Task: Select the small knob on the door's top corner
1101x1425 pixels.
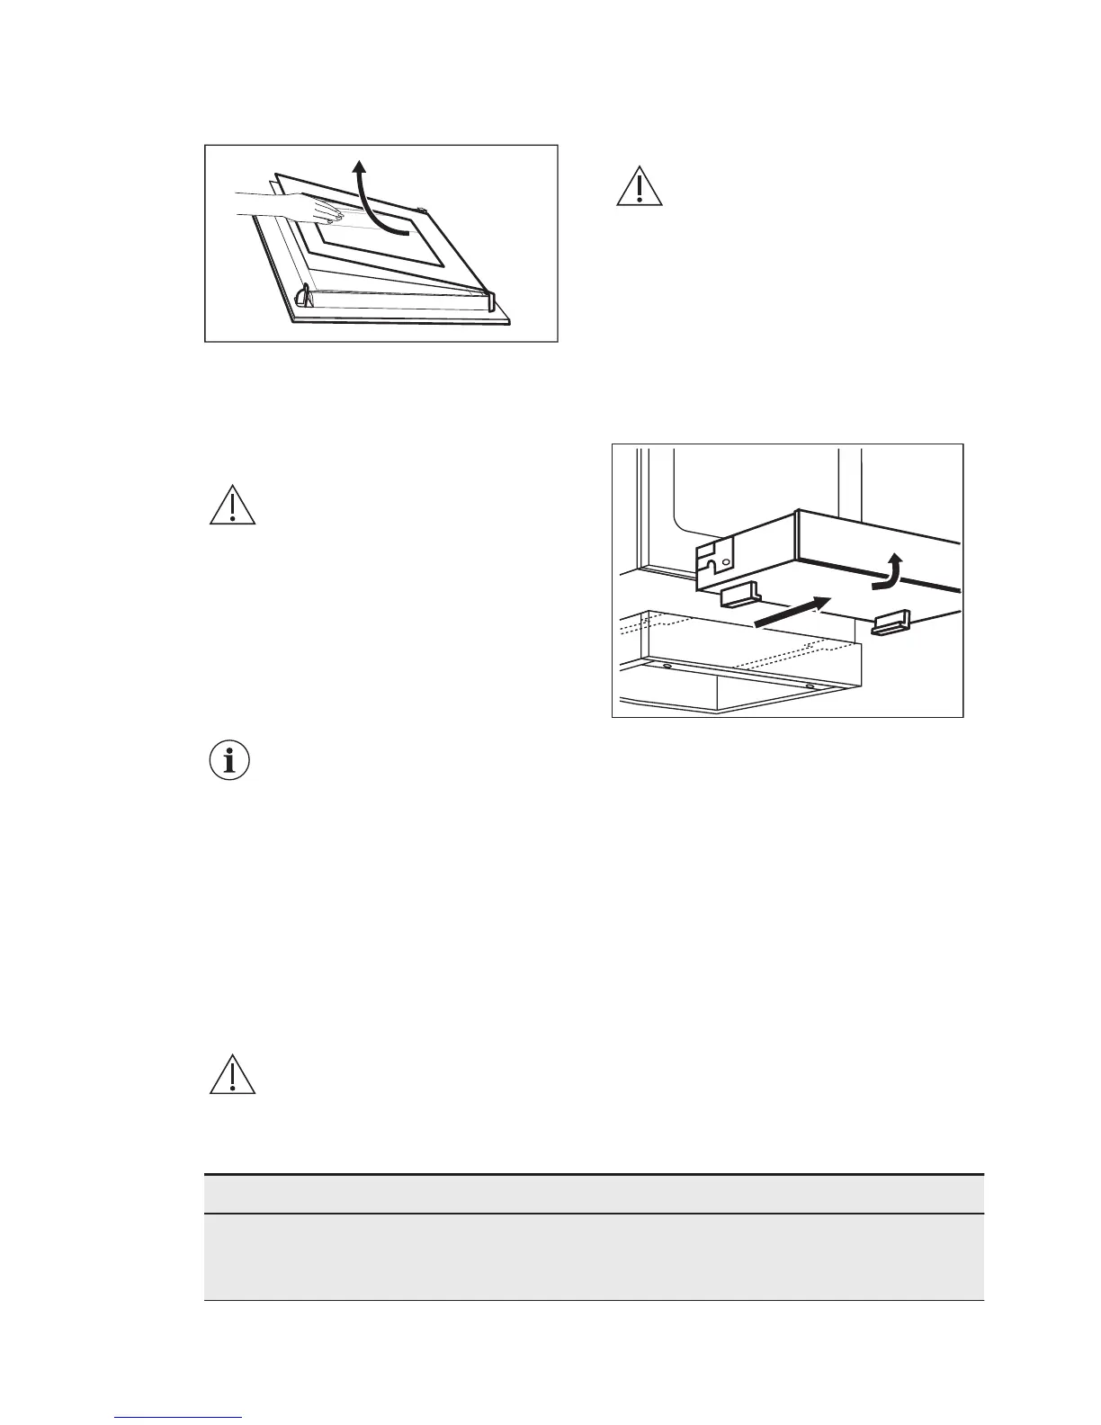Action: pyautogui.click(x=421, y=212)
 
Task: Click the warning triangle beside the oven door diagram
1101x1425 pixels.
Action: pyautogui.click(x=639, y=187)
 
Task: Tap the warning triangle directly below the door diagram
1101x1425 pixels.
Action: pyautogui.click(x=232, y=506)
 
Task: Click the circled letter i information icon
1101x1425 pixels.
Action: pyautogui.click(x=230, y=761)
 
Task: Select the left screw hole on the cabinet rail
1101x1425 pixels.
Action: pyautogui.click(x=667, y=667)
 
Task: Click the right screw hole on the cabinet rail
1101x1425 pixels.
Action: pyautogui.click(x=810, y=686)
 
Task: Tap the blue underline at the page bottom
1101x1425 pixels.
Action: pyautogui.click(x=178, y=1419)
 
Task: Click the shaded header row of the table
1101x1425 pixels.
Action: pyautogui.click(x=594, y=1194)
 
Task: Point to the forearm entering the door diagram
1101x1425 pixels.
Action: pyautogui.click(x=270, y=201)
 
